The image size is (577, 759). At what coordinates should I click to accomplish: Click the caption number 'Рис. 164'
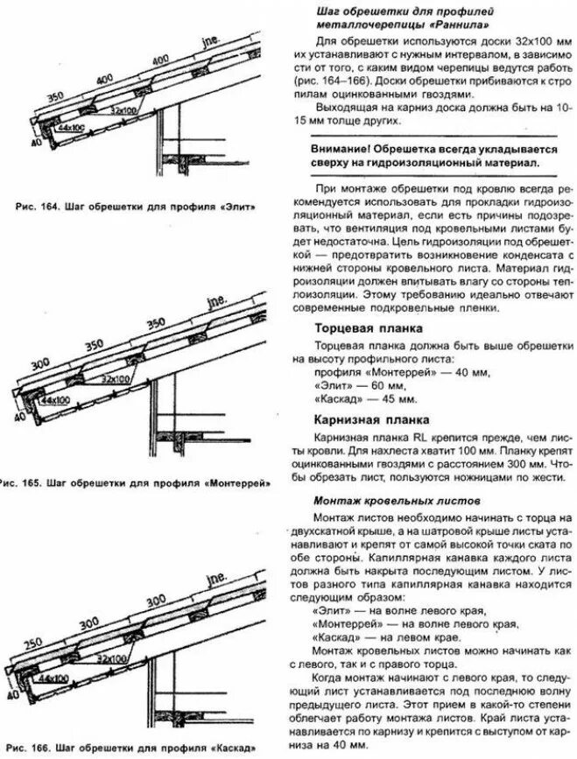pyautogui.click(x=41, y=207)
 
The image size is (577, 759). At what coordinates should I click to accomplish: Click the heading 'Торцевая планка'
pyautogui.click(x=370, y=327)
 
